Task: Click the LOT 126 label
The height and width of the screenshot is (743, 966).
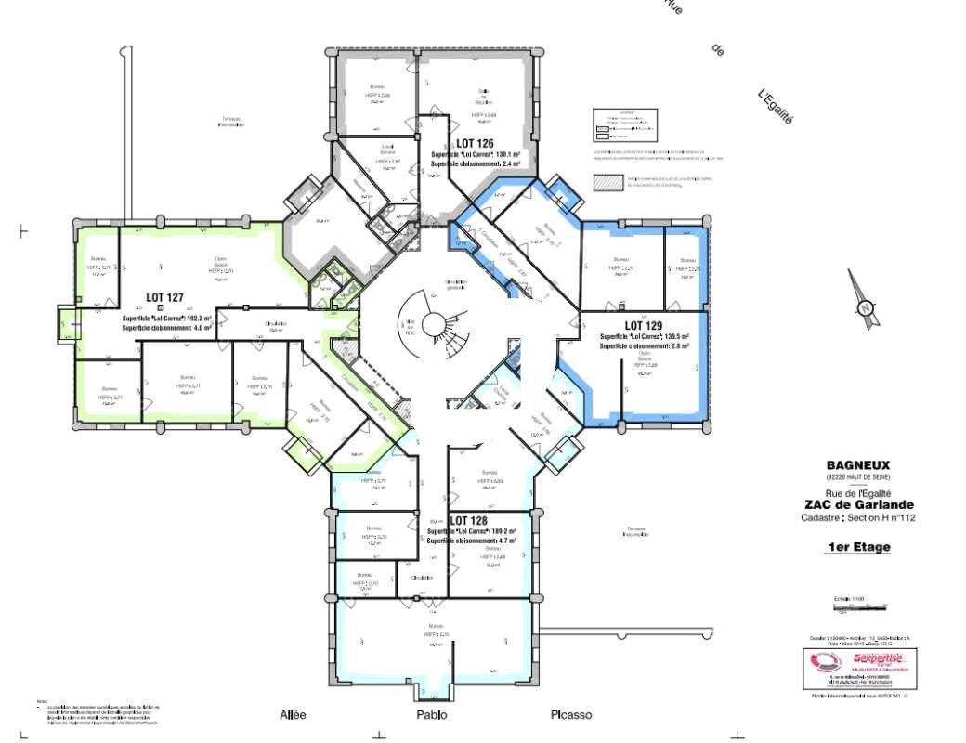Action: [x=474, y=142]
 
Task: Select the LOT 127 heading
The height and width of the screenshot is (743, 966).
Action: [x=164, y=298]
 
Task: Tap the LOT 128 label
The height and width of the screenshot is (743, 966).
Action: [x=468, y=521]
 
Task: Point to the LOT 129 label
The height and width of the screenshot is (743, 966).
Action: [x=643, y=325]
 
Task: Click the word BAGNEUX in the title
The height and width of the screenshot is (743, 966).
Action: [x=858, y=466]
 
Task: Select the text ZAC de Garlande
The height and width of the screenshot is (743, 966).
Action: [x=858, y=505]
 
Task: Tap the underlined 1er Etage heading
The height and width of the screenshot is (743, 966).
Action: [x=858, y=547]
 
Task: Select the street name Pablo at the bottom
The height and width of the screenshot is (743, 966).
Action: [x=431, y=715]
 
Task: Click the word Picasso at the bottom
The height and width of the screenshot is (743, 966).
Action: [x=570, y=715]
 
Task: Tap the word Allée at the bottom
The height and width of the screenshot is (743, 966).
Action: [x=293, y=715]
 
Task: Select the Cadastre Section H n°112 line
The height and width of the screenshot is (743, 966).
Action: [x=858, y=518]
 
